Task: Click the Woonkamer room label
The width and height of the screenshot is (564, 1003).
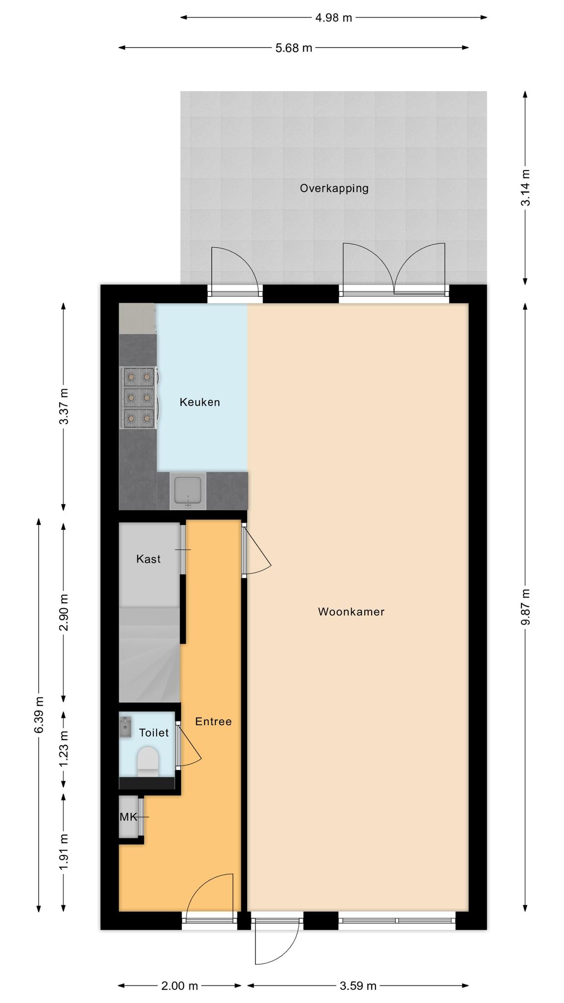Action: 351,611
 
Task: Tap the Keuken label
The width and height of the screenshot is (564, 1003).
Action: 200,402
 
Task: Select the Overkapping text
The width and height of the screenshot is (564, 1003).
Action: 334,188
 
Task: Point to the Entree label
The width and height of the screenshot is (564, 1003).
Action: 213,721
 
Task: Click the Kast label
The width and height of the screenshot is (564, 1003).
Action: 148,559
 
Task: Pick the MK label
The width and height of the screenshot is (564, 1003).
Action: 128,817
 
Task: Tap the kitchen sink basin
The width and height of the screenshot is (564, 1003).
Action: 188,491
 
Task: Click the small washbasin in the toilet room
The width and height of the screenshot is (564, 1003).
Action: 125,727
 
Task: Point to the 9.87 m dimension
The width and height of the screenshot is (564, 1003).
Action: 526,607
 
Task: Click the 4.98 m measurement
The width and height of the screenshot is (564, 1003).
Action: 333,18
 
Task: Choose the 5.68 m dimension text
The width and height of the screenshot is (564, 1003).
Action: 293,48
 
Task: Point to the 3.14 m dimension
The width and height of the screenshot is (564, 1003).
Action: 526,188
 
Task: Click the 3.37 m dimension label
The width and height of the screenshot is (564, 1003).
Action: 64,406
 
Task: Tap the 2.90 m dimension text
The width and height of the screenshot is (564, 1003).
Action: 64,612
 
